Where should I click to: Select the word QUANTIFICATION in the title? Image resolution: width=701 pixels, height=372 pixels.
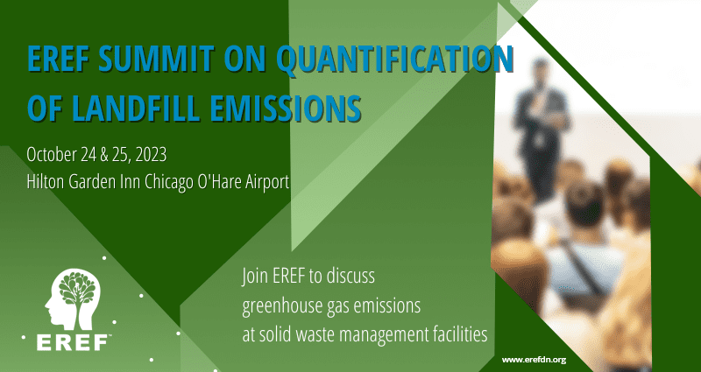click(x=394, y=59)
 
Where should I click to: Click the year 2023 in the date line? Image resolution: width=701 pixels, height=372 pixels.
click(x=151, y=155)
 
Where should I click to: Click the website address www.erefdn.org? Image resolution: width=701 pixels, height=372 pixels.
click(x=534, y=360)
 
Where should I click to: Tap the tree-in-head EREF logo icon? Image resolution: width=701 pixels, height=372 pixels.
click(x=73, y=298)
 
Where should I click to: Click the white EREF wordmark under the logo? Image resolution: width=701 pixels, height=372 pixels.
click(x=73, y=342)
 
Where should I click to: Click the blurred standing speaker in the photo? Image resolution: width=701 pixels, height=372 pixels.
click(x=541, y=130)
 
